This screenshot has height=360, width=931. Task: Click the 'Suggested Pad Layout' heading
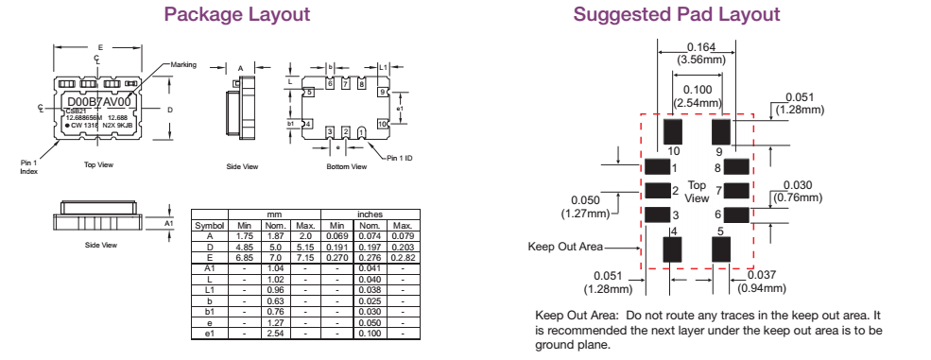point(677,15)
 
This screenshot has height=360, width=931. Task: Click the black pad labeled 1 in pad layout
point(656,166)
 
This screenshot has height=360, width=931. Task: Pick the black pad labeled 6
point(737,214)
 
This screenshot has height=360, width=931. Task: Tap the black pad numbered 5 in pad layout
point(721,249)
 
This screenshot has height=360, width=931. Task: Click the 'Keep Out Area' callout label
point(564,247)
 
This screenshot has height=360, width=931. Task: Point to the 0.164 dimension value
point(700,47)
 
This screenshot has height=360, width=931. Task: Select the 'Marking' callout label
point(183,64)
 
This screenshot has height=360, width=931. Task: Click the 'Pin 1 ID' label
point(399,157)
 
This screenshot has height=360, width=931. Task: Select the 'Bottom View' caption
point(346,167)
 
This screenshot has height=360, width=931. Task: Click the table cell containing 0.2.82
point(402,257)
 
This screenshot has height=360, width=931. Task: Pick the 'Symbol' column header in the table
point(209,226)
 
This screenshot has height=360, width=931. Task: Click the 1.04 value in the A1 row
point(274,267)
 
